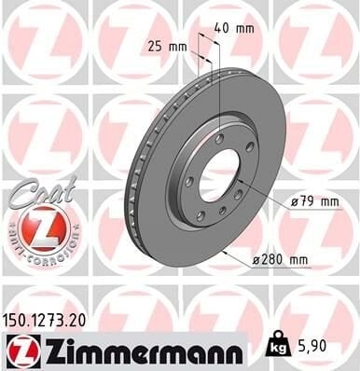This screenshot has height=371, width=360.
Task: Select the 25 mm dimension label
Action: pyautogui.click(x=167, y=45)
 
